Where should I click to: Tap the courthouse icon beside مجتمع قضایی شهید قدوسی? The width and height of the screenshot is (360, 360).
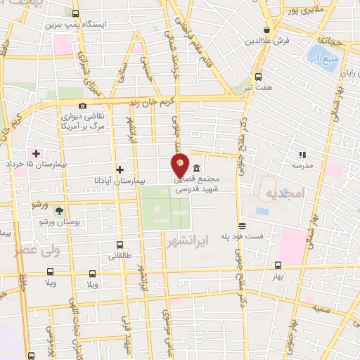point(195,169)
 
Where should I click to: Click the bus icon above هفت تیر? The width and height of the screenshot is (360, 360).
point(258,77)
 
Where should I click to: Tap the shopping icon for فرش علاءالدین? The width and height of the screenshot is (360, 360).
point(266,30)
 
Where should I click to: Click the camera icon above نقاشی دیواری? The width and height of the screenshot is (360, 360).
point(83,105)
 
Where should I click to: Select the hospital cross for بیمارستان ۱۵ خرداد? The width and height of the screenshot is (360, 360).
point(36,153)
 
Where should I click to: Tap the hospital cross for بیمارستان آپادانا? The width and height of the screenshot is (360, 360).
point(120,169)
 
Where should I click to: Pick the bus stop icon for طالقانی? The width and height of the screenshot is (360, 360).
point(120,246)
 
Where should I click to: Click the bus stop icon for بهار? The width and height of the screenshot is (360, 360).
point(278,266)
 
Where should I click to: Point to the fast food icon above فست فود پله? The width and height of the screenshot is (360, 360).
point(242,226)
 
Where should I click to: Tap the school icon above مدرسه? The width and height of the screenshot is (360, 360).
point(302,154)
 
